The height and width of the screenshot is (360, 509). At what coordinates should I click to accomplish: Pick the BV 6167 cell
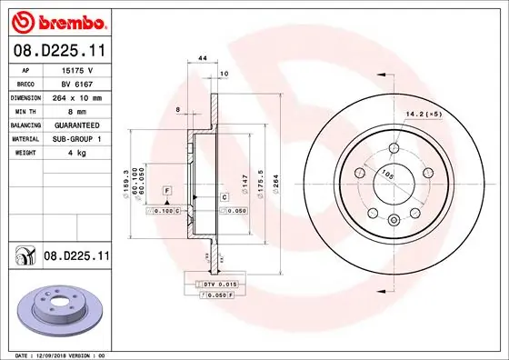tap(78, 83)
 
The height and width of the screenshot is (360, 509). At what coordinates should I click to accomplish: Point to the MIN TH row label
tap(24, 110)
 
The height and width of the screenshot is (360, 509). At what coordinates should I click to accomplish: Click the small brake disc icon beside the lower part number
tap(25, 257)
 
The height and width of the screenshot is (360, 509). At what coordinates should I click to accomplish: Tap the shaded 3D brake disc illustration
tap(59, 311)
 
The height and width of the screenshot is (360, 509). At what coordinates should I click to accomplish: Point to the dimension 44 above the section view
tap(203, 57)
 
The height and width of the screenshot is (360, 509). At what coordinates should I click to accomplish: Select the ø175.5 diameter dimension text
tap(262, 182)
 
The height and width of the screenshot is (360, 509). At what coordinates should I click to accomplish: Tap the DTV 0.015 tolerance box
tap(219, 285)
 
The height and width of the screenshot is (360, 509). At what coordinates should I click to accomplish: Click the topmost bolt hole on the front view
tap(393, 149)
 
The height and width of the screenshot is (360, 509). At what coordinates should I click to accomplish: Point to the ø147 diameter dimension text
tap(245, 182)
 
